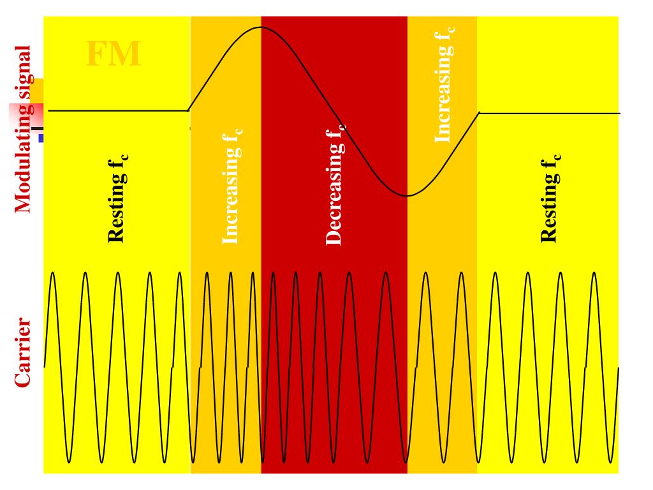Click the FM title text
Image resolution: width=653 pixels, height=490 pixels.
[x=113, y=55]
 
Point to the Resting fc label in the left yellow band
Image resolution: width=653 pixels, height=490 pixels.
[x=117, y=198]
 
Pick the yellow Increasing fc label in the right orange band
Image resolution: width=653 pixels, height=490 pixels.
[x=444, y=84]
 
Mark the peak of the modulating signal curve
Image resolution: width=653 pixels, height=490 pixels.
[x=260, y=27]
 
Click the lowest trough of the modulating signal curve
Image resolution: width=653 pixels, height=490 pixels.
[x=407, y=195]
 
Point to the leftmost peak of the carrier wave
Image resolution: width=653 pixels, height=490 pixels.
[x=52, y=273]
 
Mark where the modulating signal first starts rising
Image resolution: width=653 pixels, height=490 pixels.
[x=189, y=110]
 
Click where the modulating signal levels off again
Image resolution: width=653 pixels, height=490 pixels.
[x=480, y=113]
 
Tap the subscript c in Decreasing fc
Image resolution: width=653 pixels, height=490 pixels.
[x=342, y=127]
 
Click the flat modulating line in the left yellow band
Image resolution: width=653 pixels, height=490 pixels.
[x=118, y=110]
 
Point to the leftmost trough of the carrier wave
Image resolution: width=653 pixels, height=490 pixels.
[x=68, y=461]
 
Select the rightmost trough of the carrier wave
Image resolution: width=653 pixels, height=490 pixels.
[x=610, y=461]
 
